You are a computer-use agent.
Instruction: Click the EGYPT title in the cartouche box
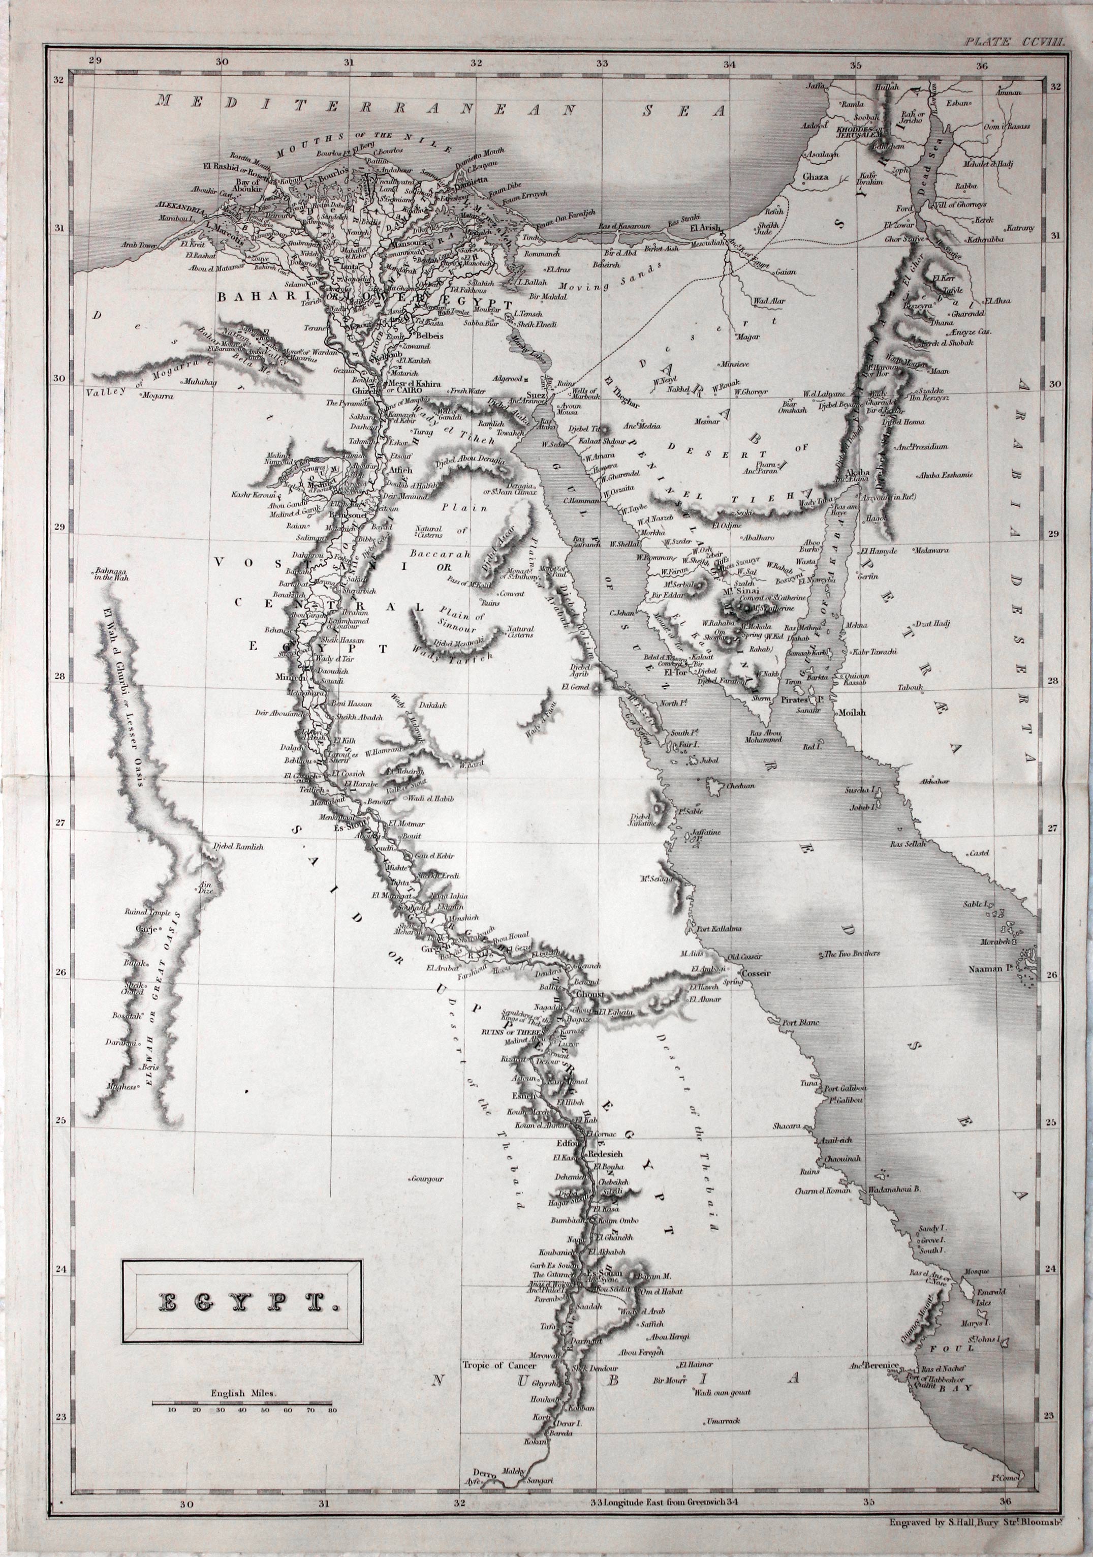pyautogui.click(x=241, y=1301)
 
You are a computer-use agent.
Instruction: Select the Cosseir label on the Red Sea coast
pyautogui.click(x=754, y=974)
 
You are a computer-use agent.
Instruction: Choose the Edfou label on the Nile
pyautogui.click(x=566, y=1142)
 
